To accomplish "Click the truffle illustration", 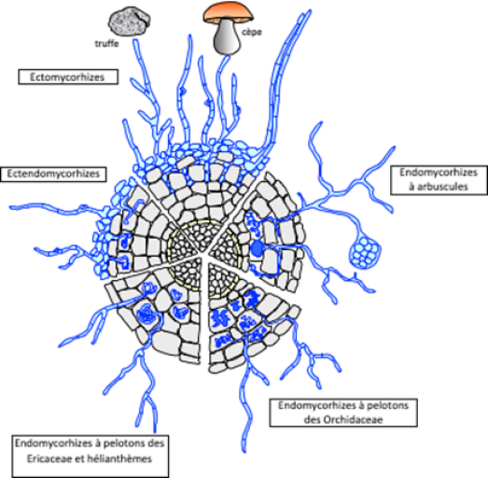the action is pyautogui.click(x=129, y=22).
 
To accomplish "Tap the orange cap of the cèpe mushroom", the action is pyautogui.click(x=228, y=13).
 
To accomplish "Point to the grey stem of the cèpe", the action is pyautogui.click(x=227, y=37).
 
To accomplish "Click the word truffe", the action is pyautogui.click(x=106, y=43).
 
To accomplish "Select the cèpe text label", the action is pyautogui.click(x=252, y=32).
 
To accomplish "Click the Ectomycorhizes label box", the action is pyautogui.click(x=68, y=77).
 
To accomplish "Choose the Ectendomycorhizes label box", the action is pyautogui.click(x=53, y=174).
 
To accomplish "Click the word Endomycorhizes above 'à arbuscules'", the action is pyautogui.click(x=439, y=172).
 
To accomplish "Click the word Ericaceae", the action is pyautogui.click(x=47, y=458).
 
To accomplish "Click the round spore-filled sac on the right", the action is pyautogui.click(x=366, y=251).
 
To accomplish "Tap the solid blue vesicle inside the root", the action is pyautogui.click(x=258, y=248).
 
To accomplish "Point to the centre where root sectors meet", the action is pyautogui.click(x=202, y=255).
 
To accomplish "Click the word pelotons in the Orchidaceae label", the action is pyautogui.click(x=387, y=405).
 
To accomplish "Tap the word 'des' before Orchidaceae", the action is pyautogui.click(x=312, y=419).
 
